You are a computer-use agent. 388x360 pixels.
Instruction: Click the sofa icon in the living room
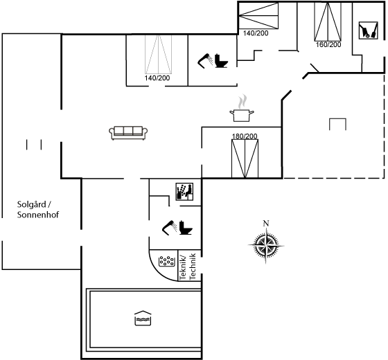128,133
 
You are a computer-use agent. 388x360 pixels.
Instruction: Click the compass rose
266,246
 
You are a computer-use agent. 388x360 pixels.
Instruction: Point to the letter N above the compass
266,223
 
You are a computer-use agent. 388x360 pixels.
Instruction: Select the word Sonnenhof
38,215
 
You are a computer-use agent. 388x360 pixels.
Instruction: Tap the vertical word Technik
193,267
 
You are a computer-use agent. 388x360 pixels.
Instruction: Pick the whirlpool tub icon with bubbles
166,261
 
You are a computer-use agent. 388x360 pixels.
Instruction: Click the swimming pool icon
143,318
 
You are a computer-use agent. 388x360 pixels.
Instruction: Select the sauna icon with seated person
184,192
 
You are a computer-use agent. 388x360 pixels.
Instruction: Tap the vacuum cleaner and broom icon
369,30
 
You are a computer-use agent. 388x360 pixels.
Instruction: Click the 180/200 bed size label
245,136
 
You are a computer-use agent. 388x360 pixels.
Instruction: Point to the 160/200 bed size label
328,45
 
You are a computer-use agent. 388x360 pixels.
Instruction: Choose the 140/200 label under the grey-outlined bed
157,78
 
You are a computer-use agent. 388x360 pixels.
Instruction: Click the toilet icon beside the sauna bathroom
186,228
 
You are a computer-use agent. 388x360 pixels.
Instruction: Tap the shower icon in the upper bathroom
205,61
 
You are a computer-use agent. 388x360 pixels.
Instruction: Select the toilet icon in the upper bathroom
221,61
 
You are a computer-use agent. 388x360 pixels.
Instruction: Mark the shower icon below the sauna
170,228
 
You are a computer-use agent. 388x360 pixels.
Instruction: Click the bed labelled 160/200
328,21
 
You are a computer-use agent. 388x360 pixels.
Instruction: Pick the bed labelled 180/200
245,159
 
